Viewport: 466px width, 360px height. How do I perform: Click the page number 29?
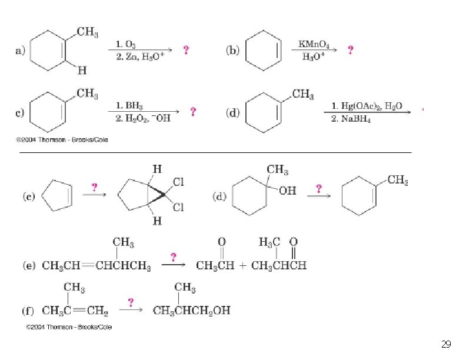[445, 344]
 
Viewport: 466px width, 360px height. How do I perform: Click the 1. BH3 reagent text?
[129, 106]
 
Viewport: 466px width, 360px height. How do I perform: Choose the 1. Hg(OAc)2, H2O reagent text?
[367, 106]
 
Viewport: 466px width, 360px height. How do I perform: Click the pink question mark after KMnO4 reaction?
[351, 51]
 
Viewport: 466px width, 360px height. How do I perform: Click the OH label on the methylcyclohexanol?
[288, 191]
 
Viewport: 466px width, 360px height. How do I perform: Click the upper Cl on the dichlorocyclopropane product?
[179, 182]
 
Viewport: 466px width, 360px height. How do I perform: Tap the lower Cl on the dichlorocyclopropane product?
[179, 207]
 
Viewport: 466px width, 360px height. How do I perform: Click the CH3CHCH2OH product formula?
[191, 311]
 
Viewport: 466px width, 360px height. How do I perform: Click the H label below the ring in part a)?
[82, 71]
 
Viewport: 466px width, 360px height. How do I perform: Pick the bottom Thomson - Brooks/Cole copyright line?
[69, 327]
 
